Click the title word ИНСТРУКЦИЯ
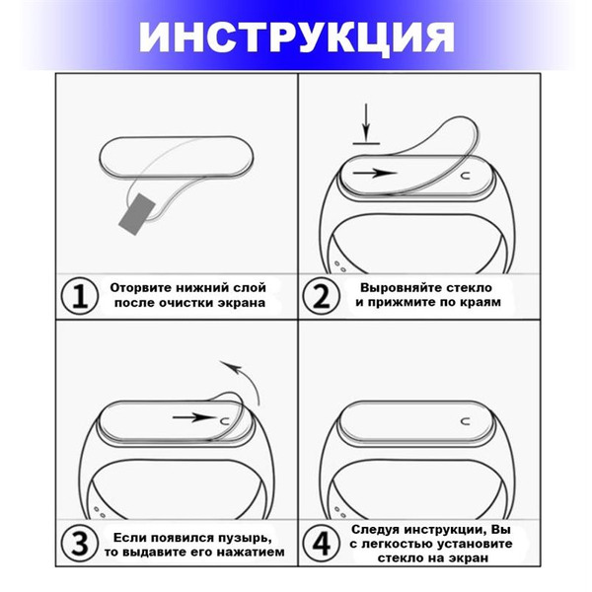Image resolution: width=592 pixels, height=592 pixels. tap(296, 37)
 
